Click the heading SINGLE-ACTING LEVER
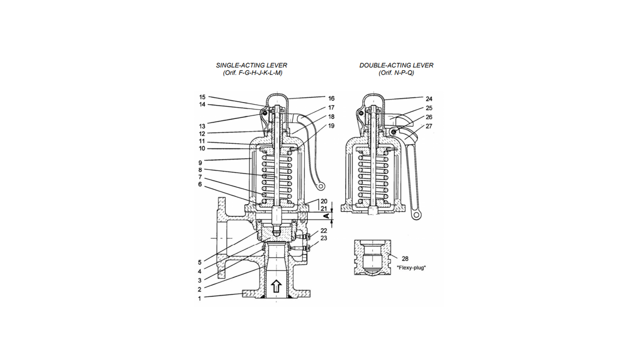coord(252,65)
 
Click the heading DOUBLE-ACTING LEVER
coord(396,65)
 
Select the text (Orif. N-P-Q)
coord(396,73)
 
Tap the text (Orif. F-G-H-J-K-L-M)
coord(252,73)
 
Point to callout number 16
coord(331,98)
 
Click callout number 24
coord(429,98)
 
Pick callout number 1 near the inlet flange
coord(199,298)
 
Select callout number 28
coord(405,258)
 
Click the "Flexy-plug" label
coord(411,267)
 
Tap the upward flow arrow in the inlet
coord(276,287)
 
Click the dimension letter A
coord(326,216)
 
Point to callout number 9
coord(199,163)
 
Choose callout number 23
coord(324,238)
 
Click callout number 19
coord(331,126)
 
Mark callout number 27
coord(429,126)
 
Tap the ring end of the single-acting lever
coord(319,185)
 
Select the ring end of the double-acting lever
coord(416,214)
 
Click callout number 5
coord(199,262)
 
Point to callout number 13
coord(202,126)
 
